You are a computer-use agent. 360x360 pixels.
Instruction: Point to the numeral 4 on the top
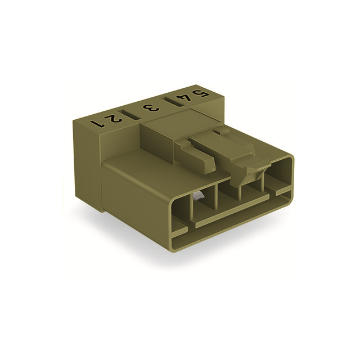(182, 98)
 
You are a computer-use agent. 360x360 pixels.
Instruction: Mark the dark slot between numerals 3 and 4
(168, 103)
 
